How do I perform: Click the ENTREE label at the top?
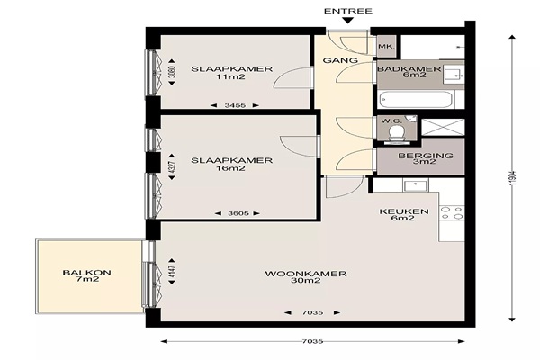[x=348, y=11]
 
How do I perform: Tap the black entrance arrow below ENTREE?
[x=348, y=21]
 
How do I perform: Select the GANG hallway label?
[x=340, y=60]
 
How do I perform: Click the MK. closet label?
[x=386, y=46]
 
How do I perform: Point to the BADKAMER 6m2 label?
[x=409, y=72]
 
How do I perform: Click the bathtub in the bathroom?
[x=416, y=100]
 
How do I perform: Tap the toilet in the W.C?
[x=396, y=133]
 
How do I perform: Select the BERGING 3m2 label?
[x=426, y=158]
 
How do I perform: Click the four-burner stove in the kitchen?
[x=452, y=212]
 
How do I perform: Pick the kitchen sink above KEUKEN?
[x=416, y=185]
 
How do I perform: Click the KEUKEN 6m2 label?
[x=404, y=214]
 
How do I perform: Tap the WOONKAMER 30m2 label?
[x=306, y=277]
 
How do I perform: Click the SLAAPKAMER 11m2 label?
[x=232, y=73]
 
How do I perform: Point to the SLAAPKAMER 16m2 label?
[x=232, y=164]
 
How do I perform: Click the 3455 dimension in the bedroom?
[x=235, y=105]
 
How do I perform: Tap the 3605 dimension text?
[x=238, y=213]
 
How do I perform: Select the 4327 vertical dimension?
[x=172, y=167]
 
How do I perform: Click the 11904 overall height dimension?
[x=512, y=178]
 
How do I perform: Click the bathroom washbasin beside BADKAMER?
[x=453, y=74]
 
